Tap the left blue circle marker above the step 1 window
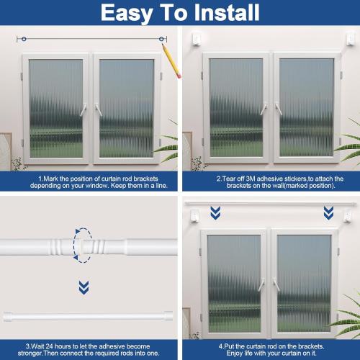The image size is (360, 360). tap(24, 38)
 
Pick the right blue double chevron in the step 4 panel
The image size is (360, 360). tap(328, 212)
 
